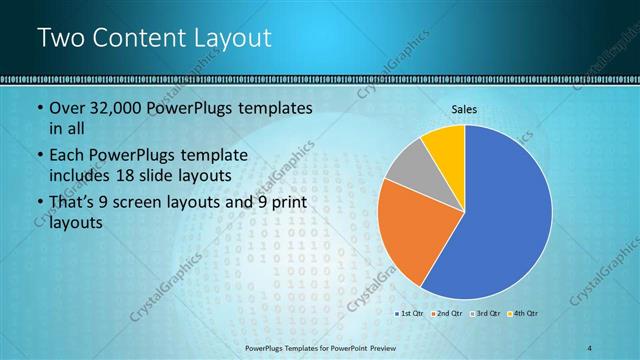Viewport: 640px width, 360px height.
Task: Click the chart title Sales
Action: [x=464, y=109]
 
